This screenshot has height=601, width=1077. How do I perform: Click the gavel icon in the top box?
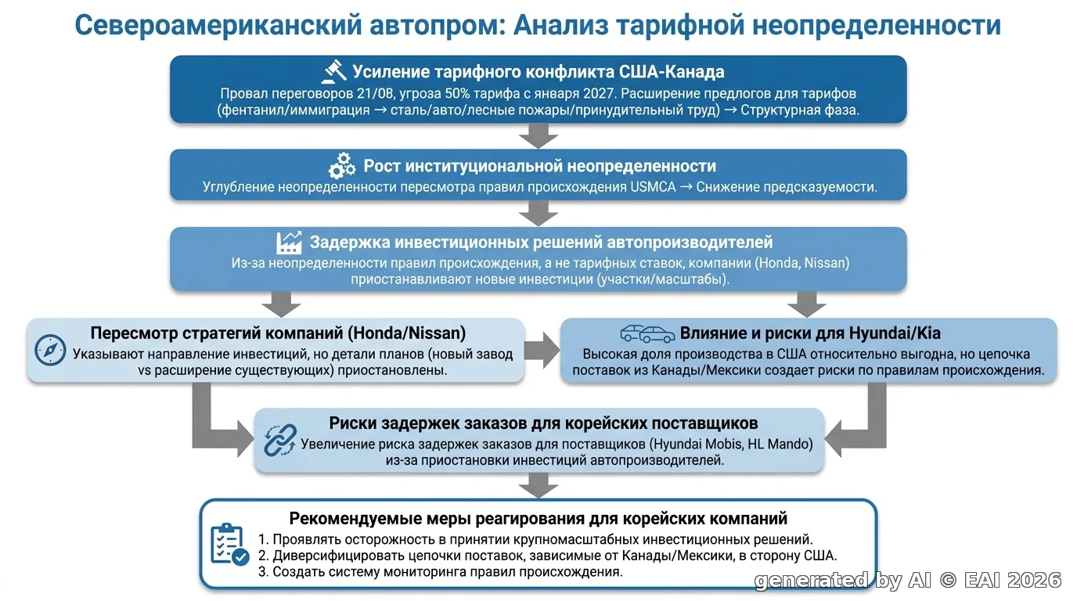[x=333, y=71]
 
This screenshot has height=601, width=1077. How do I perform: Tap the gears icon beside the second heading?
[x=342, y=166]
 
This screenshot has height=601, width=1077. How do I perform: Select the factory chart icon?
[x=289, y=243]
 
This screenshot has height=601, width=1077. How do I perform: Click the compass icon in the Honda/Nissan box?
[x=50, y=350]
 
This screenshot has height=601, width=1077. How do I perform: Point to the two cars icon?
[x=647, y=333]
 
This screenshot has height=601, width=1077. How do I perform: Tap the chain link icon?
[x=280, y=440]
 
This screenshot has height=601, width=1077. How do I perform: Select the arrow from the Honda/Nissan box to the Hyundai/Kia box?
[x=542, y=350]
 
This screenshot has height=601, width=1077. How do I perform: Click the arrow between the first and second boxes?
[x=538, y=136]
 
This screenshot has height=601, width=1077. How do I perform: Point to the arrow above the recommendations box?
[x=538, y=486]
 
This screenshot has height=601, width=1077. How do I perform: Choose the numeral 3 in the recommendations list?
[x=262, y=572]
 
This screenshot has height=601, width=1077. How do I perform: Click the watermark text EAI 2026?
[x=1012, y=581]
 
